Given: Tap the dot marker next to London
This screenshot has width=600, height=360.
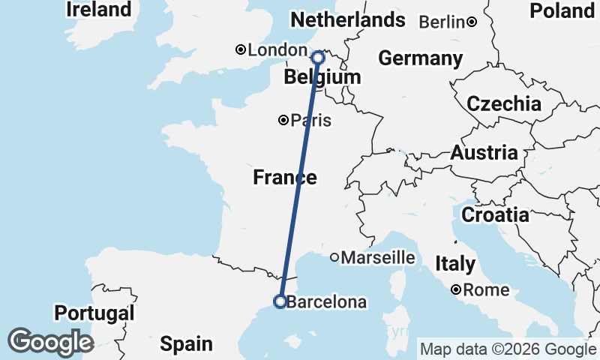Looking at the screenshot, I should click(241, 50).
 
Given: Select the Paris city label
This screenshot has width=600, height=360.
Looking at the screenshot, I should click(310, 120).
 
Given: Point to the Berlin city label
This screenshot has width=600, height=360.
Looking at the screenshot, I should click(442, 22).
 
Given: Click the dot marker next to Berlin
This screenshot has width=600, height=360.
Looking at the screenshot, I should click(472, 22).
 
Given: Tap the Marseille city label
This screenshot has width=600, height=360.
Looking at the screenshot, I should click(378, 258).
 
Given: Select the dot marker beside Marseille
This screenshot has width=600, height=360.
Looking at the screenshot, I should click(334, 257).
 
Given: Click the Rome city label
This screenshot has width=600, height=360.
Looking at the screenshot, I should click(486, 289).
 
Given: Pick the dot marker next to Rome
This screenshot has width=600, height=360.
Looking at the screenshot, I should click(456, 289).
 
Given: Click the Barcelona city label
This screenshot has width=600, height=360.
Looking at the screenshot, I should click(327, 303).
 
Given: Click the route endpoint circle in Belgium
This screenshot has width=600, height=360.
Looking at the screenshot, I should click(317, 57).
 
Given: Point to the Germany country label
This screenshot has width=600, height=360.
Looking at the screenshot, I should click(420, 58).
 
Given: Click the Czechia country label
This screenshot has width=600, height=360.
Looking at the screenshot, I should click(503, 103).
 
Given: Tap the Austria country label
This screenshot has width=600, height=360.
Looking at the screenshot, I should click(484, 153).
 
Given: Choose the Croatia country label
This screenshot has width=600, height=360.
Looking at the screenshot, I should click(494, 215).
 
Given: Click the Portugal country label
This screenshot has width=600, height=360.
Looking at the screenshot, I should click(94, 313).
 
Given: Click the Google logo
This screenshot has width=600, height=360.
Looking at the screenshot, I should click(50, 341).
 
